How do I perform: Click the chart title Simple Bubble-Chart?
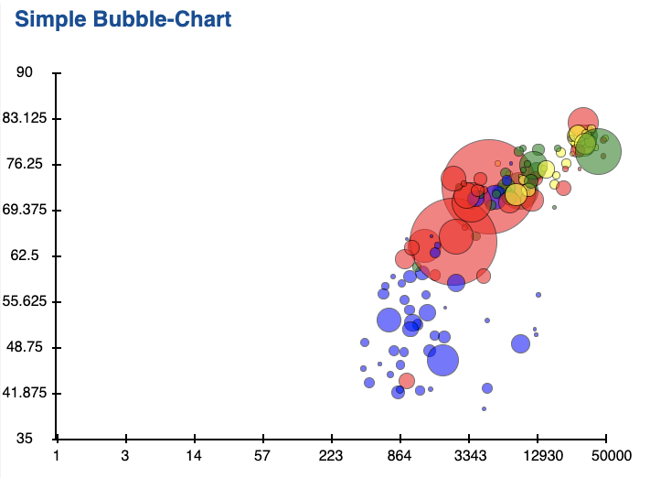pyautogui.click(x=123, y=19)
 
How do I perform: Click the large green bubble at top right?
pyautogui.click(x=599, y=151)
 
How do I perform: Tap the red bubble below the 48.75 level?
pyautogui.click(x=407, y=381)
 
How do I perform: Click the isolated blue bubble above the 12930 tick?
pyautogui.click(x=521, y=344)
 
